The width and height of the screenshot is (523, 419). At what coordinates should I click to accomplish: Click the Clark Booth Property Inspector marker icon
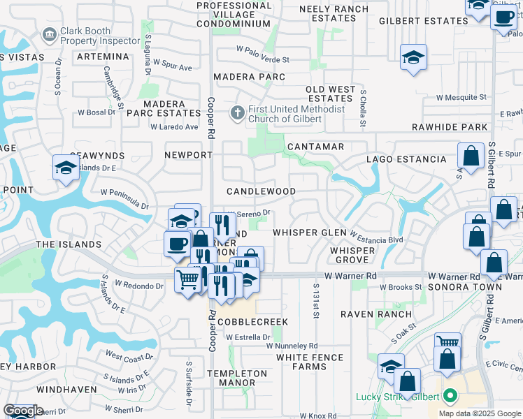[x=50, y=34]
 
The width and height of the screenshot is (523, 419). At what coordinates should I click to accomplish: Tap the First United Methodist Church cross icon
[x=238, y=112]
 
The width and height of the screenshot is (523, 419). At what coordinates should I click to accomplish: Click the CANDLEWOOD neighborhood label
[x=261, y=191]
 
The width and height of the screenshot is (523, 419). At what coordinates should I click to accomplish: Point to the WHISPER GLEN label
[x=309, y=233]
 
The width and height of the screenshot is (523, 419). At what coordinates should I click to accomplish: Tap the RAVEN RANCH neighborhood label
[x=376, y=314]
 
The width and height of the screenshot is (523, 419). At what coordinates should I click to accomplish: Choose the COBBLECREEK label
[x=252, y=322]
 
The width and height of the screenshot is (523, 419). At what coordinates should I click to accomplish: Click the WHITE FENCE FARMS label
[x=310, y=362]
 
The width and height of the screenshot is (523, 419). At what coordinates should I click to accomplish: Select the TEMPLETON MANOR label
[x=236, y=378]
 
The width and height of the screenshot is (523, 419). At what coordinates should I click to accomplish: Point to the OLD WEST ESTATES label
[x=331, y=94]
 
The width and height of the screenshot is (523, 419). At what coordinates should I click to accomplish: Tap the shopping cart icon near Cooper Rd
[x=187, y=281]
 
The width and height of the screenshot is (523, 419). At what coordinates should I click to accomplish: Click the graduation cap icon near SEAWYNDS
[x=66, y=168]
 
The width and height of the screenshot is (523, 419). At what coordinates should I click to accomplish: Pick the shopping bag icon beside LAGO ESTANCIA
[x=471, y=156]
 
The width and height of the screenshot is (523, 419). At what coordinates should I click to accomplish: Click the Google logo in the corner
[x=23, y=411]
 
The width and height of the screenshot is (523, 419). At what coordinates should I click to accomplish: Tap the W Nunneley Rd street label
[x=292, y=346]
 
